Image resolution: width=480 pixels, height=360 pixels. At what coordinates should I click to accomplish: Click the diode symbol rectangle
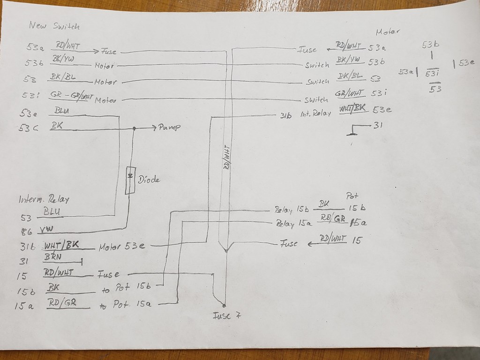tap(130, 180)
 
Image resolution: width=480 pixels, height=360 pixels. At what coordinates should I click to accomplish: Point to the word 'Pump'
tap(170, 127)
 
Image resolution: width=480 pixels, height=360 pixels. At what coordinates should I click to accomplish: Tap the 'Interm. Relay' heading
tap(44, 199)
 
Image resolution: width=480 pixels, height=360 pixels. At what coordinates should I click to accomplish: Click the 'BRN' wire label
tap(54, 257)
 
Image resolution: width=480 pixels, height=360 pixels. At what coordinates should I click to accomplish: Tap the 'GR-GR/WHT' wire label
tap(71, 97)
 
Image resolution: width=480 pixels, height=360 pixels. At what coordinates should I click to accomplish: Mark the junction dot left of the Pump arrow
tap(134, 127)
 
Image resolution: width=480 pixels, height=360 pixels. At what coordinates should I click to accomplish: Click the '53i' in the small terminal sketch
tap(433, 73)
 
